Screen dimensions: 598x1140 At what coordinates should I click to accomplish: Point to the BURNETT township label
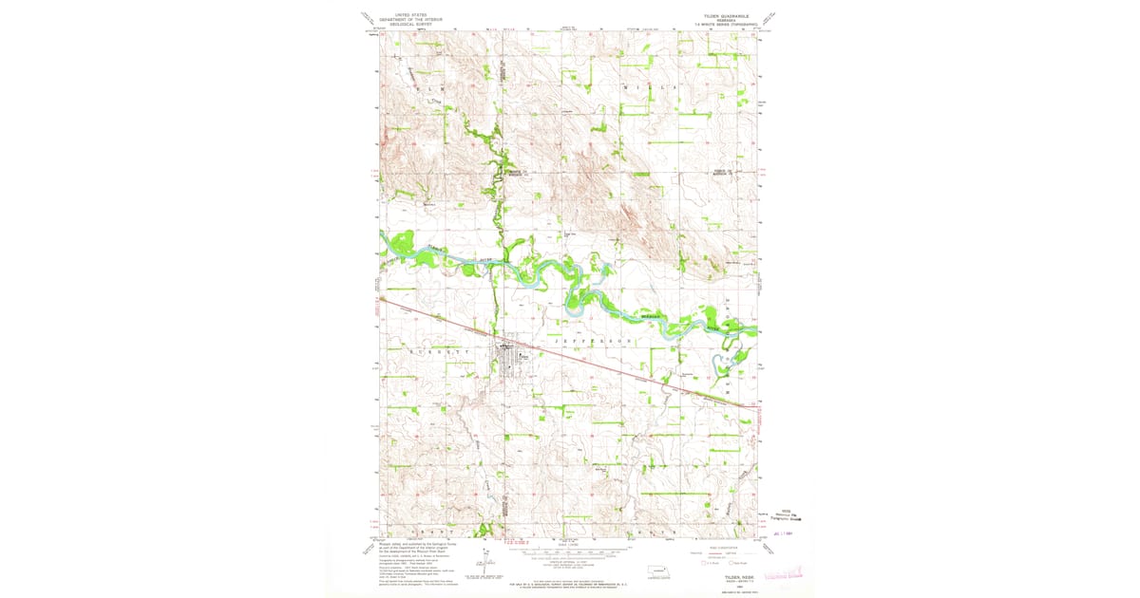[x=439, y=350]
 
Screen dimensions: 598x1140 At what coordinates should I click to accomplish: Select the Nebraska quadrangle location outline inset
[x=656, y=572]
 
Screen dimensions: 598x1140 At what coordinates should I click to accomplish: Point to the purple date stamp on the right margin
[x=782, y=533]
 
